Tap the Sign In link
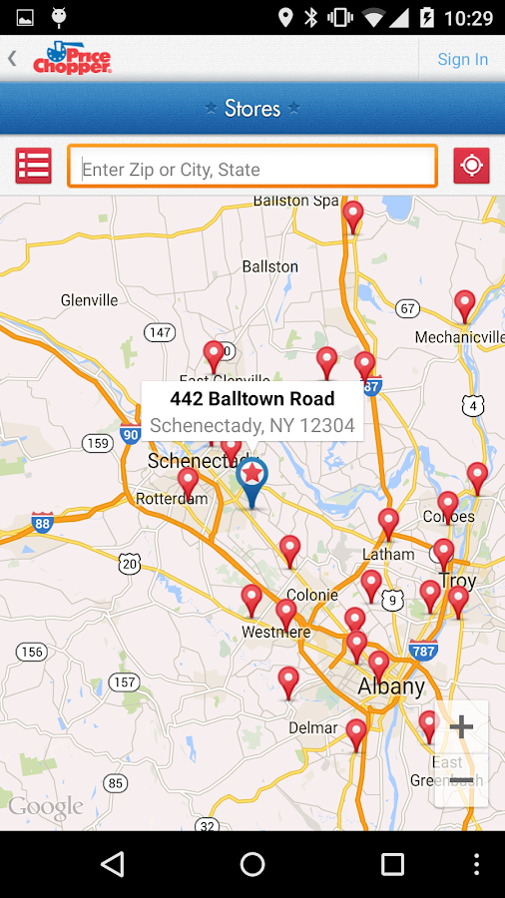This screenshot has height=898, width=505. pos(462,59)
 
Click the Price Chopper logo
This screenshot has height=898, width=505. pos(72,58)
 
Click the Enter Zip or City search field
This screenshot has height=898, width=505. pos(252,169)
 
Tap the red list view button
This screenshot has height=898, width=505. pos(33,166)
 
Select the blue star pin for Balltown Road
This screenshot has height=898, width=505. pos(252,478)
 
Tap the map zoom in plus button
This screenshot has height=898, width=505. pos(461,726)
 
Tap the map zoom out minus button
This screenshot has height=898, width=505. pos(461,780)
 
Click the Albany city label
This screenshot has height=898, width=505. pos(391,686)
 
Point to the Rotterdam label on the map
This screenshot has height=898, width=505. pos(171,498)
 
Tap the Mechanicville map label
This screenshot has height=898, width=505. pos(459,337)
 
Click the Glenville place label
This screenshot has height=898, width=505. pos(89,299)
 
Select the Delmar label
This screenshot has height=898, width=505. pos(313,727)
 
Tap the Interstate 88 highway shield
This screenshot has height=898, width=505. pos(42,522)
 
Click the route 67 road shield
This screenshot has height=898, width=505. pos(406,308)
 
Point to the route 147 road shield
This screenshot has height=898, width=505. pos(159,332)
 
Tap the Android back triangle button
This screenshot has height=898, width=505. pos(113,864)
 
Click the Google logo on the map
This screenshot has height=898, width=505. pos(46,807)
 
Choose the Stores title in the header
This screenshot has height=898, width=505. pos(252,108)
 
